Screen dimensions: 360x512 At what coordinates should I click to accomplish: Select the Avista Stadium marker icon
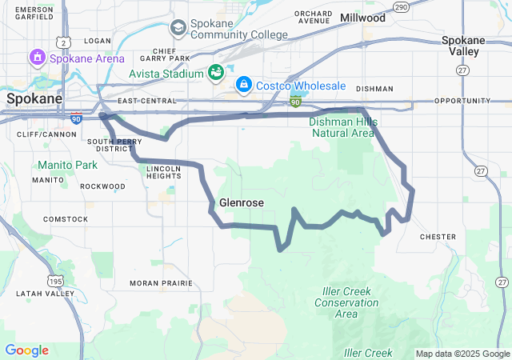click(x=216, y=73)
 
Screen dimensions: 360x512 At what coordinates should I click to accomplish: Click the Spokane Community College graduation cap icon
click(x=178, y=29)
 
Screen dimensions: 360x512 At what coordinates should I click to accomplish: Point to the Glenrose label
click(x=241, y=203)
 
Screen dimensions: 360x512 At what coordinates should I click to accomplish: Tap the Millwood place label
click(x=362, y=18)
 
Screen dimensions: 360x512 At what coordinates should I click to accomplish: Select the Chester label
click(x=438, y=237)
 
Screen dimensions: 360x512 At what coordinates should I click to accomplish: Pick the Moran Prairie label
click(x=161, y=283)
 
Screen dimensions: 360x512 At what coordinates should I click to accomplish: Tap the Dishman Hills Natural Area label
click(x=342, y=127)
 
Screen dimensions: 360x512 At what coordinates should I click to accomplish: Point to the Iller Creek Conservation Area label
click(x=346, y=302)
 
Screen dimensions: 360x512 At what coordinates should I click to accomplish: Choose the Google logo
click(x=26, y=350)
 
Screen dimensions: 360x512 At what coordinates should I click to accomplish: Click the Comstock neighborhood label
click(x=66, y=219)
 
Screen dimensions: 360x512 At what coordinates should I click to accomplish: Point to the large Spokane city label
click(x=34, y=98)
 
